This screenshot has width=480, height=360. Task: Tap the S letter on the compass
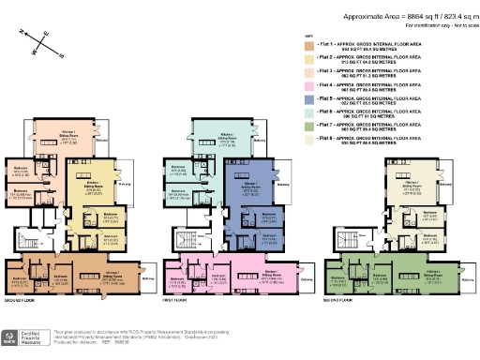pyautogui.click(x=61, y=55)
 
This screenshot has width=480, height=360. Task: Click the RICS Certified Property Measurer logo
pyautogui.click(x=21, y=336)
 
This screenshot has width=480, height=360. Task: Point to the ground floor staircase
pyautogui.click(x=36, y=240)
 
